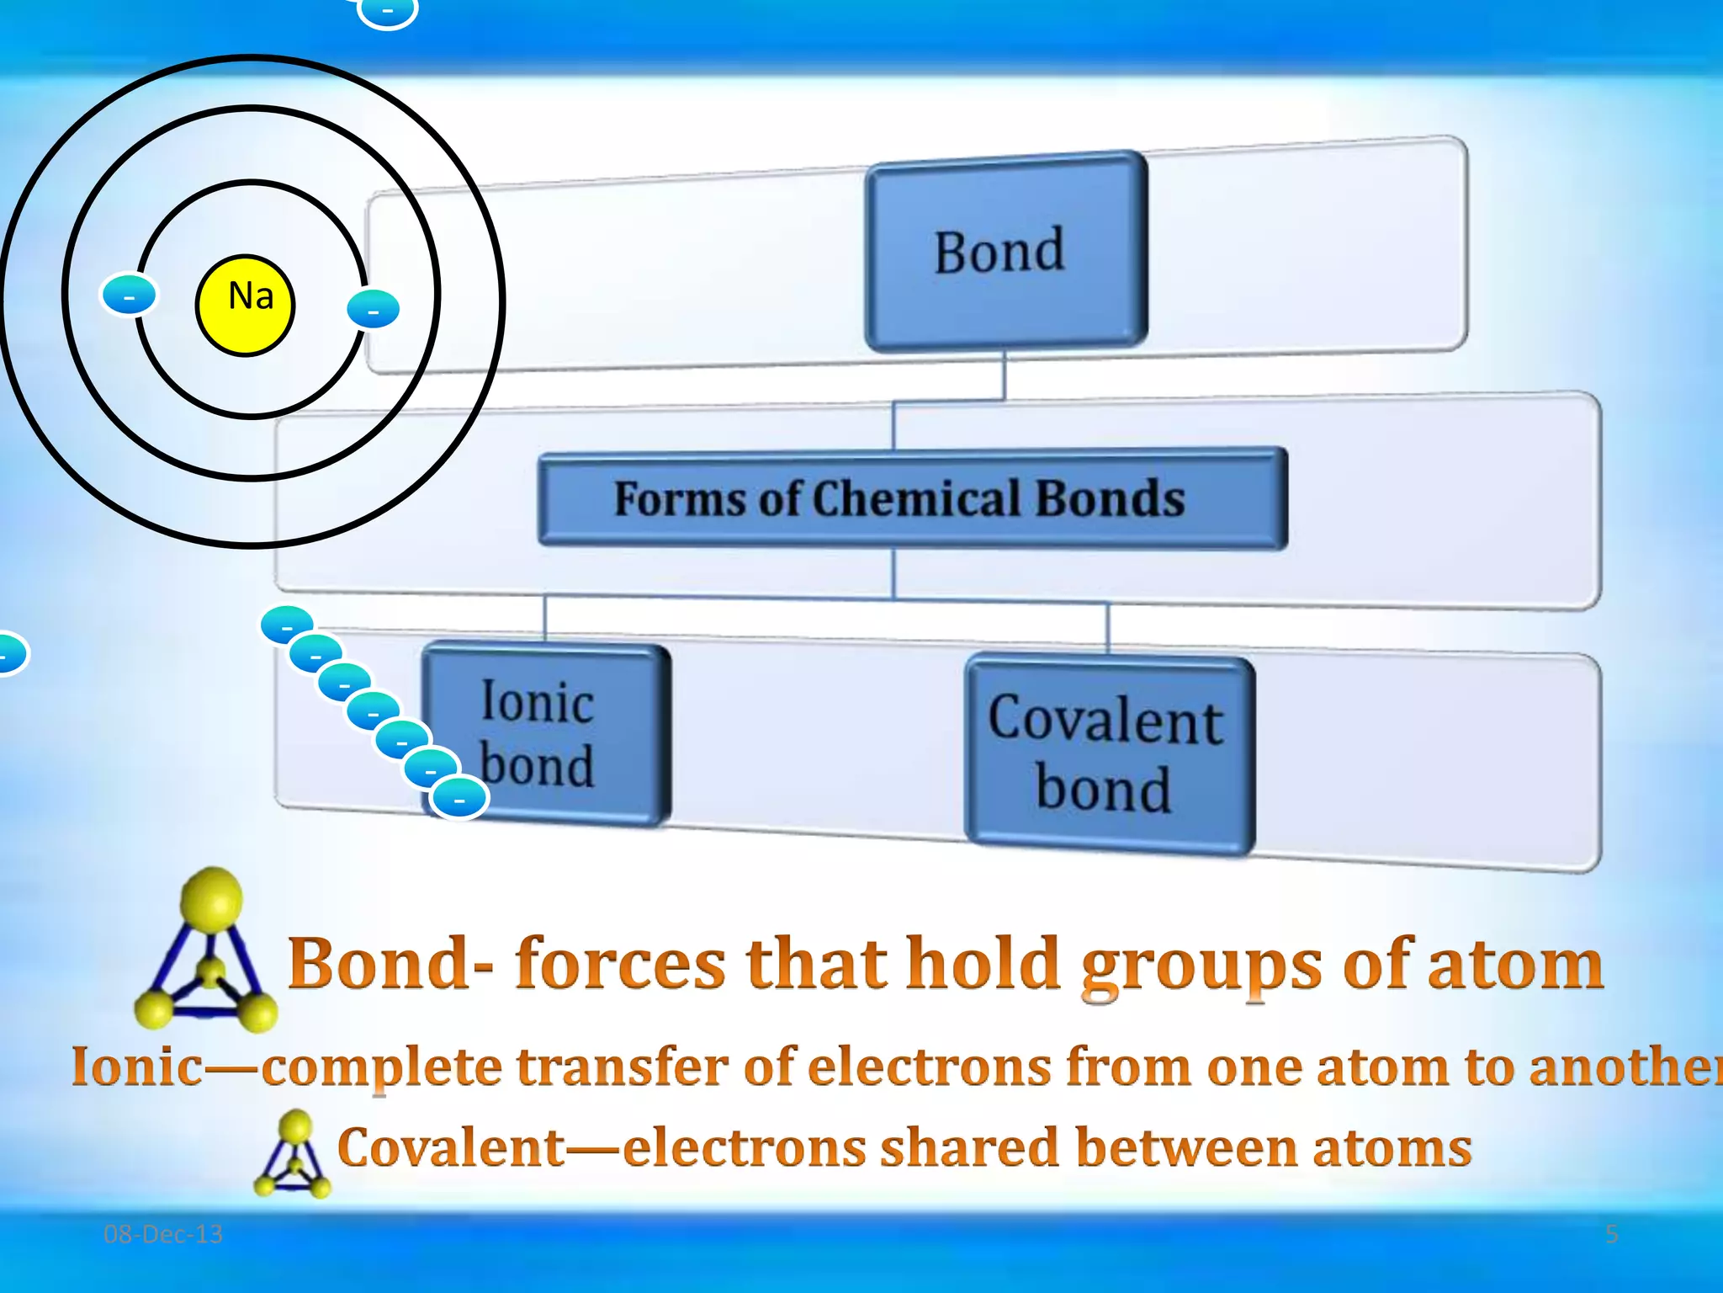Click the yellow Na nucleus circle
(x=245, y=305)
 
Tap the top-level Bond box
(x=1005, y=251)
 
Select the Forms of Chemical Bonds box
(x=912, y=498)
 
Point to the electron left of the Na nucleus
(x=129, y=295)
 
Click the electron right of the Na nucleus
(x=373, y=309)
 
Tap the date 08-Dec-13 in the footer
(x=163, y=1234)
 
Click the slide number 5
(x=1611, y=1234)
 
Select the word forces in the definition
(x=620, y=964)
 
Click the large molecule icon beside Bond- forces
(x=207, y=951)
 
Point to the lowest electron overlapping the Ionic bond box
(x=459, y=798)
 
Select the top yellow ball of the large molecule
(x=212, y=898)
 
